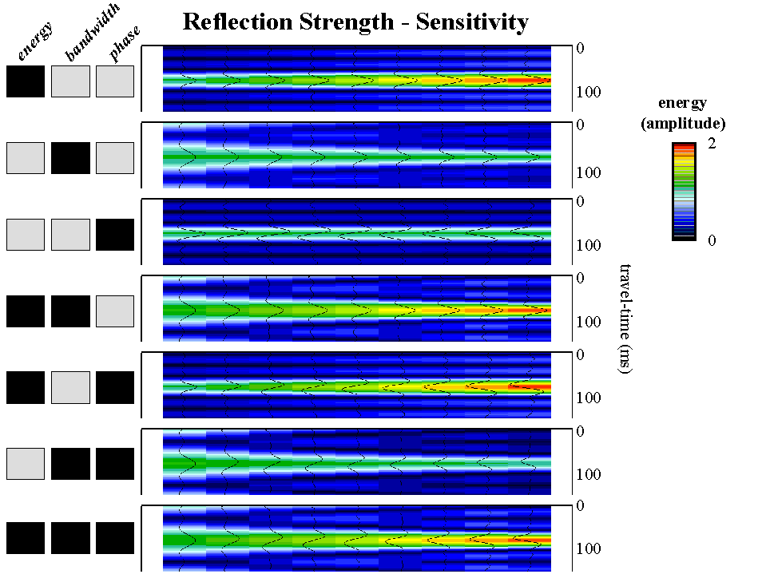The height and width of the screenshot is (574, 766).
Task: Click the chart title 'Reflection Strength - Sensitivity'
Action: coord(355,22)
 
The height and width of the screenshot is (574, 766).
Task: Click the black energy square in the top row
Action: coord(26,81)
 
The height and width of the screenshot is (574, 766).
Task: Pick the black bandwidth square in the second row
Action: coord(70,157)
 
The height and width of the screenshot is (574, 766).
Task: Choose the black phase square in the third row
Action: coord(115,234)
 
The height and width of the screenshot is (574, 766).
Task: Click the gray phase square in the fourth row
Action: coord(115,311)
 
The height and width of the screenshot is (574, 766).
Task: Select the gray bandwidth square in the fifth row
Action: coord(70,387)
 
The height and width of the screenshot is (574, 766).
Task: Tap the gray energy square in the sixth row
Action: coord(26,464)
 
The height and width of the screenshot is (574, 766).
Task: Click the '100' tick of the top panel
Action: coord(589,92)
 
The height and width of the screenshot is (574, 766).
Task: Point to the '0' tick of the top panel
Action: coord(581,49)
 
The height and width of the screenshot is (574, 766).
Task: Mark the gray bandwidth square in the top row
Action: coord(70,81)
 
